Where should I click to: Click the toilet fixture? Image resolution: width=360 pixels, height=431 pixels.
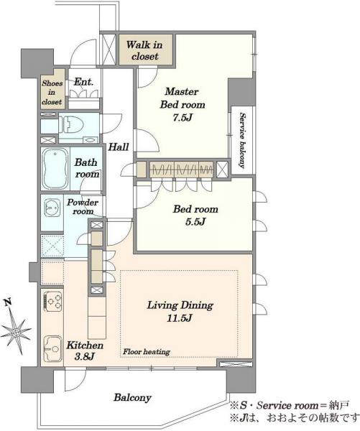tap(73, 124)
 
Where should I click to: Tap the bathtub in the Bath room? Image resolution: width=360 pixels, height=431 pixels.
tap(55, 169)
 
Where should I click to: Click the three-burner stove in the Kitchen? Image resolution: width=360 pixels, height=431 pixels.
tap(52, 301)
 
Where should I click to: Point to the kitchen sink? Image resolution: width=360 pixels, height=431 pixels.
tap(52, 348)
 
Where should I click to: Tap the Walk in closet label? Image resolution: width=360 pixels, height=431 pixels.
tap(144, 50)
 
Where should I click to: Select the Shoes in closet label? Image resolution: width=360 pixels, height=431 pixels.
tap(52, 93)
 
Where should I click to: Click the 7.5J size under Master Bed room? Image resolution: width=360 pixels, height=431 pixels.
tap(183, 118)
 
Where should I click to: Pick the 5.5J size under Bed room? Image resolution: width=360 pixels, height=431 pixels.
tap(195, 221)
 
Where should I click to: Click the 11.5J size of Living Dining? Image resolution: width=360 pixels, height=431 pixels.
tap(180, 318)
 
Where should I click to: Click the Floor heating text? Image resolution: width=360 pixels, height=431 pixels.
tap(147, 351)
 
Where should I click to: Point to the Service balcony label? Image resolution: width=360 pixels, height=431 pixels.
tap(242, 140)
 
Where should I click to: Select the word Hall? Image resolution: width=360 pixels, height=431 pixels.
tap(119, 147)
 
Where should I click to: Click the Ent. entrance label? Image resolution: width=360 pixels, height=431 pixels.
tap(84, 82)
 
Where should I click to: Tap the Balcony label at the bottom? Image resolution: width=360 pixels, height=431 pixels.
tap(132, 397)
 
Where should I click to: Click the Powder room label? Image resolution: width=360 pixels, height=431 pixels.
tap(83, 207)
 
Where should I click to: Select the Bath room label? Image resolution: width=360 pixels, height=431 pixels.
tap(87, 168)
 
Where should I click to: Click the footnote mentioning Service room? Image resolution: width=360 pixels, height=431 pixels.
tap(290, 405)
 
